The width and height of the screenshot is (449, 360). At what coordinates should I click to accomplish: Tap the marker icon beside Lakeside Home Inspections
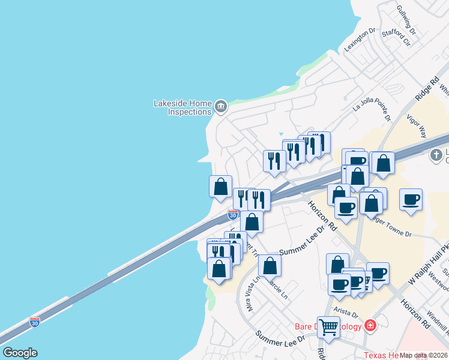[221, 107]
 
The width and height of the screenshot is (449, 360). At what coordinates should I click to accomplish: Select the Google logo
[20, 353]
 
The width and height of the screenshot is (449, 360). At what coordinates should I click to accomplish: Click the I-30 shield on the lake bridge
[35, 322]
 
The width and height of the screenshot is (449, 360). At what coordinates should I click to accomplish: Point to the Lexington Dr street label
[360, 38]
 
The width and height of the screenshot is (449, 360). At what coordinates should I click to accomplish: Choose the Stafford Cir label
[399, 38]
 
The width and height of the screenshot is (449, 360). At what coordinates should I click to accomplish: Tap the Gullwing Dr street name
[406, 19]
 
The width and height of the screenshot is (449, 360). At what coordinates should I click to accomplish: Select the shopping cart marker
[328, 327]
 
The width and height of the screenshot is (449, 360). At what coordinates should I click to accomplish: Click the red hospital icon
[370, 326]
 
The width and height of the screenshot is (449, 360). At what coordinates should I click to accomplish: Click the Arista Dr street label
[346, 314]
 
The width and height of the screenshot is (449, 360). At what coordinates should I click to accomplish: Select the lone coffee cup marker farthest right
[411, 199]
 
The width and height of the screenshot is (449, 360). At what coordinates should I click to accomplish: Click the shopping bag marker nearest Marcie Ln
[270, 265]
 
